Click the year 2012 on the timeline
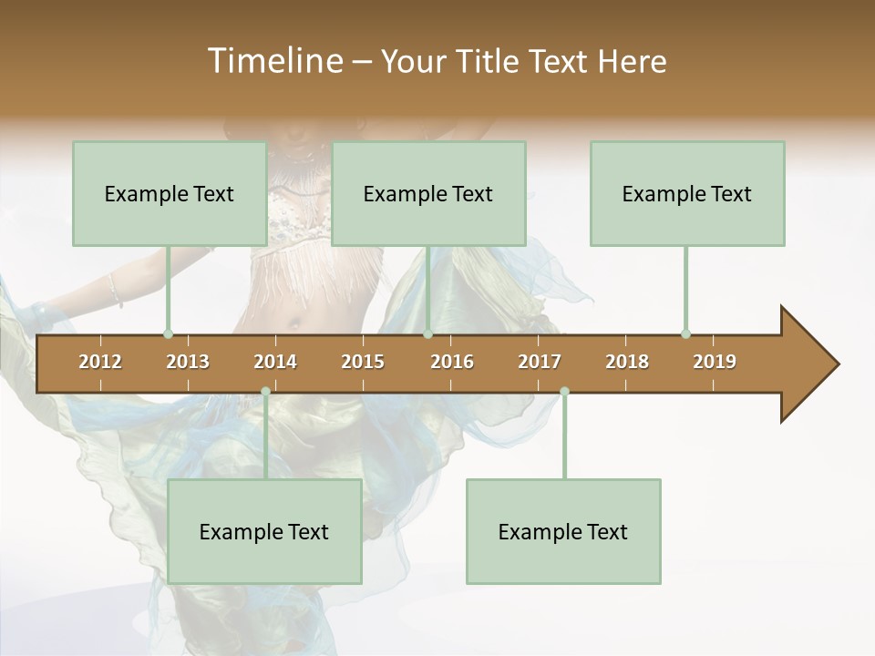point(100,362)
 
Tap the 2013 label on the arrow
point(188,362)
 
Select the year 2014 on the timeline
point(275,362)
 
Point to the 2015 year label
point(363,362)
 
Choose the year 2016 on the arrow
point(452,362)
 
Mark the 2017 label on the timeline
point(540,362)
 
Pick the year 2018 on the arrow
point(627,362)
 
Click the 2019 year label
point(715,362)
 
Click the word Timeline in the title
point(273,61)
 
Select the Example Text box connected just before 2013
point(170,193)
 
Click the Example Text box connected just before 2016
point(428,193)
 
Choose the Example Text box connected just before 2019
point(687,193)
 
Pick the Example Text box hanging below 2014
point(264,531)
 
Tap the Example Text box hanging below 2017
point(563,531)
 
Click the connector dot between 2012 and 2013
point(168,333)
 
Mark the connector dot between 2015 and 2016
point(427,333)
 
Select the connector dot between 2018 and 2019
point(685,333)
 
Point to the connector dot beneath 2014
point(265,392)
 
